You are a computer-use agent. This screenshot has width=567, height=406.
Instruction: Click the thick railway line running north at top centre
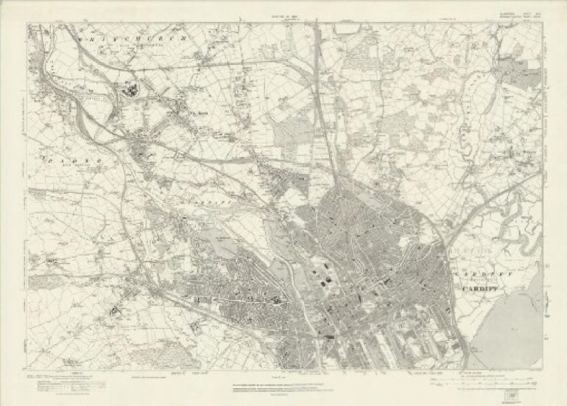317,74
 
